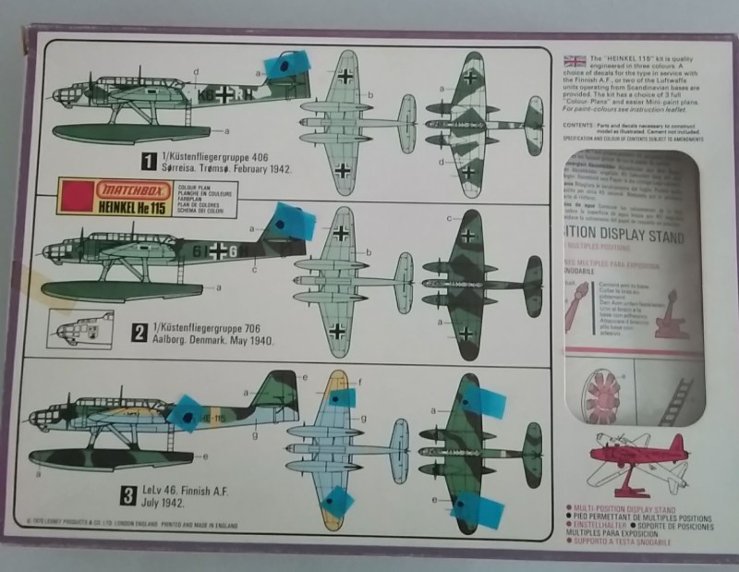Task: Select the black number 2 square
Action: (x=139, y=330)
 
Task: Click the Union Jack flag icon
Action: (x=575, y=62)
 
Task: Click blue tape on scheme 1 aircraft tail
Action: (x=285, y=65)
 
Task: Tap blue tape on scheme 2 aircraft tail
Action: (x=290, y=222)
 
